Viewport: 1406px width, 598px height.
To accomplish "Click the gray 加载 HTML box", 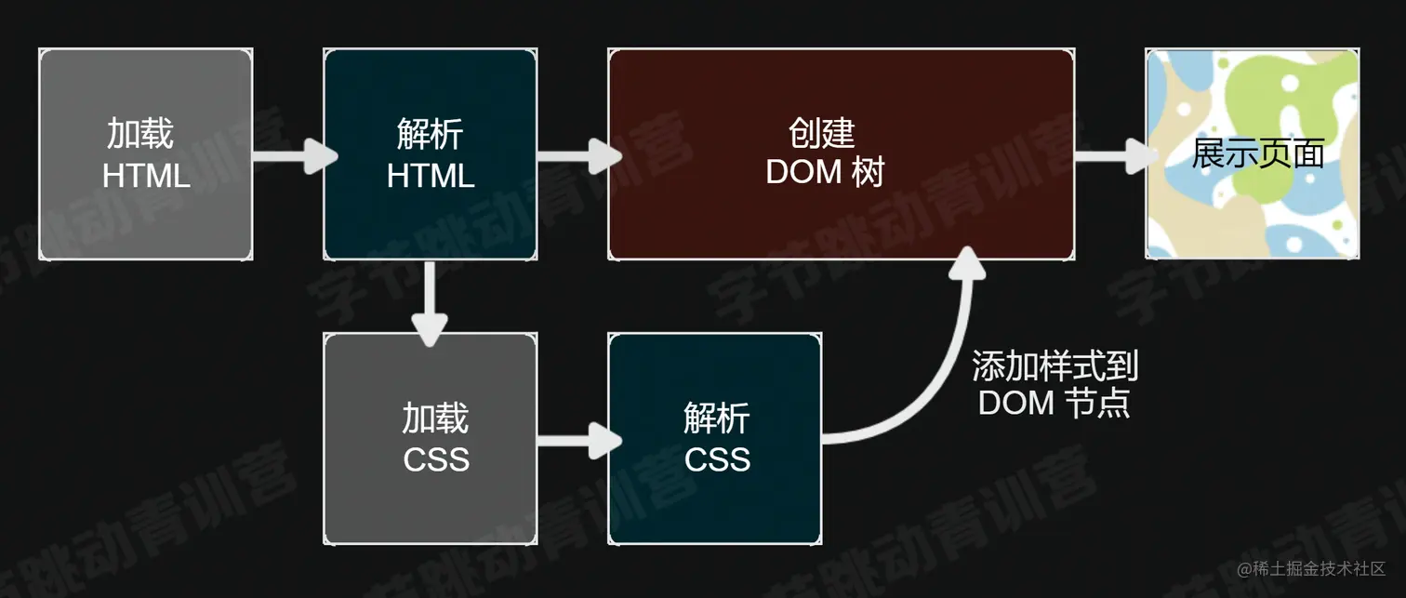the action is pos(146,153).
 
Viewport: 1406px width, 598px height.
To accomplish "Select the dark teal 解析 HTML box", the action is pos(431,153).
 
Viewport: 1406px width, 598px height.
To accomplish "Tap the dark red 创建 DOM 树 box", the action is pos(841,153).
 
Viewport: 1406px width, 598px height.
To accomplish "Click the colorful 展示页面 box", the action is pos(1253,153).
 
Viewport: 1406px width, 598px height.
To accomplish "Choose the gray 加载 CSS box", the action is pos(431,439).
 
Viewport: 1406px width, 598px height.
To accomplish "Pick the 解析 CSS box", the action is pos(715,439).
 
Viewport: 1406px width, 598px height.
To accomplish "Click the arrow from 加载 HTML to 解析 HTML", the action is pos(295,155).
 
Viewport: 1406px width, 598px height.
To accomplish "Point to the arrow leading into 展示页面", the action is pos(1117,155).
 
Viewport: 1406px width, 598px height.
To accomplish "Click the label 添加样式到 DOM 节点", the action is pos(1054,384).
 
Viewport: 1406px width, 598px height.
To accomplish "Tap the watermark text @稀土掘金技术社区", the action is pos(1311,568).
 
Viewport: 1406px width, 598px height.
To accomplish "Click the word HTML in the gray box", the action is pos(146,176).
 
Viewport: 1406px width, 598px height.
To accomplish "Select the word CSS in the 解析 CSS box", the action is pos(717,459).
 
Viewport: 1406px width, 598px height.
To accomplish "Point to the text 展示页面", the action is pos(1258,153).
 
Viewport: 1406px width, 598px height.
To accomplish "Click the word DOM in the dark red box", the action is pos(802,171).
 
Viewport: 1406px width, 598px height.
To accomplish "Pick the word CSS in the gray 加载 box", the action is pos(436,459).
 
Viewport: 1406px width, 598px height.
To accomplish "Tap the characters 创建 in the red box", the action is pos(822,133).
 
